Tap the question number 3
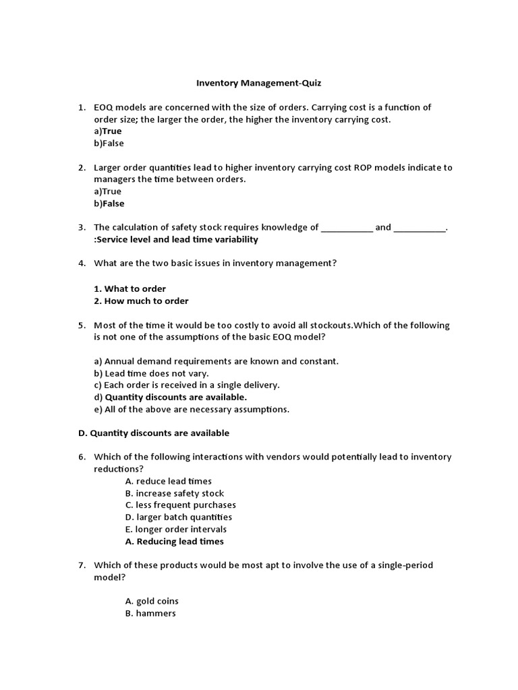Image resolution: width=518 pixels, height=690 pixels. (81, 228)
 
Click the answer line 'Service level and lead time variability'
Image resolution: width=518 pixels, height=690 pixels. (176, 240)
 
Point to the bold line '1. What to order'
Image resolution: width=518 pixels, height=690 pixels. (130, 289)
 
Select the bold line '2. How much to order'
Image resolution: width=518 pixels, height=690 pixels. (142, 301)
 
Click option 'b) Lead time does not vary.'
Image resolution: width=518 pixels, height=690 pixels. (152, 373)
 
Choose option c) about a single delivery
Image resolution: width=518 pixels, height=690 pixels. (187, 385)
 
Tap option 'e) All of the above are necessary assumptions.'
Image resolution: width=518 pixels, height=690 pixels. (192, 410)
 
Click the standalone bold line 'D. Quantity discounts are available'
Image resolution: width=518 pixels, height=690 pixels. (153, 433)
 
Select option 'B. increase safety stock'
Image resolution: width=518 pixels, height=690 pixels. (175, 493)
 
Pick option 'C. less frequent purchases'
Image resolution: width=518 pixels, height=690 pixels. (180, 505)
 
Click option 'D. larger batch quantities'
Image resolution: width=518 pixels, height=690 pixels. (179, 517)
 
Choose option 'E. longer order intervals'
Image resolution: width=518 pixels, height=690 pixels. (176, 530)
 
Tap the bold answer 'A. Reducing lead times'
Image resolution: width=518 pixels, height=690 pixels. (175, 542)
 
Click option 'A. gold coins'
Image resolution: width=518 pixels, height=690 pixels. (152, 601)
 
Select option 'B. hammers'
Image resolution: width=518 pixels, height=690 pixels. (150, 614)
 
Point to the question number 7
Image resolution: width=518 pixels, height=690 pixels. (81, 565)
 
